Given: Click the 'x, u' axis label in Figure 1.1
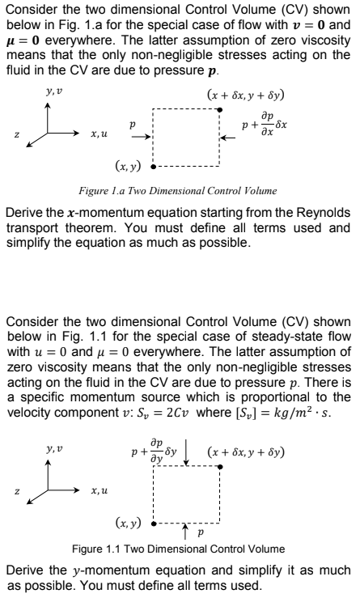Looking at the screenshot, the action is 100,490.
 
